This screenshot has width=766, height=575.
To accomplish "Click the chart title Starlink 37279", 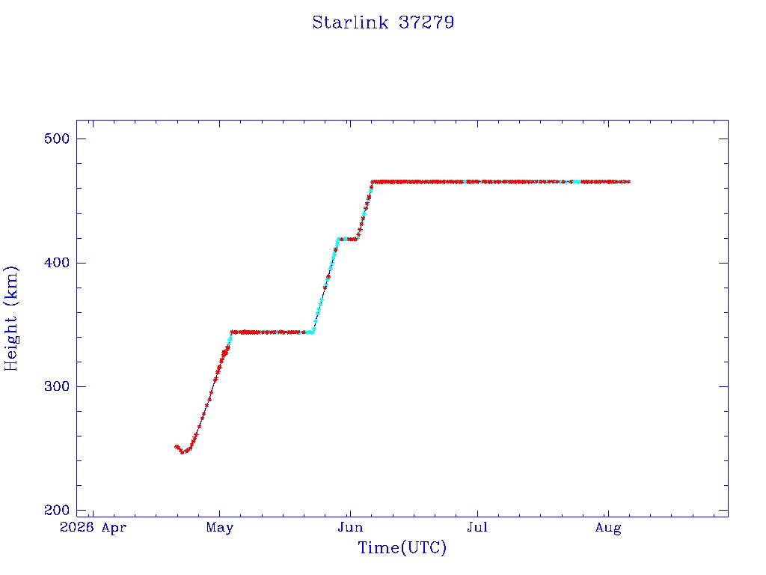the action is coord(383,22).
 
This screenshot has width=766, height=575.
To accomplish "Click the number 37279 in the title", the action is coord(426,22).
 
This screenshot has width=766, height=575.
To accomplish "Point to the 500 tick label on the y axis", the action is coord(57,139).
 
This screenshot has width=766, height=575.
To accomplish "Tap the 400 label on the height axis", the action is coord(57,263).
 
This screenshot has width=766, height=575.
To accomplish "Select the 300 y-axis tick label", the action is coord(57,387).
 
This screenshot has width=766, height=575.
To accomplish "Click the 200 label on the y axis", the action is coord(57,511).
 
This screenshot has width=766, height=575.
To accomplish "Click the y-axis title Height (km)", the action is coord(10,318).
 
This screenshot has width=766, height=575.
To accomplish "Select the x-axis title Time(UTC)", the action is coord(402,547).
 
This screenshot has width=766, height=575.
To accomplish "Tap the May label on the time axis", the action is coord(220,528).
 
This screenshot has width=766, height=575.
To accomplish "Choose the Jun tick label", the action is coord(350,528).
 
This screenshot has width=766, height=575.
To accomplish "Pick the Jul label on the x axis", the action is coord(477,528).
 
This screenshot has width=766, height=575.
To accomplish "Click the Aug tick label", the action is coord(608,528).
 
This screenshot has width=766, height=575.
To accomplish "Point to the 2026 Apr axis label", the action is coord(93,528).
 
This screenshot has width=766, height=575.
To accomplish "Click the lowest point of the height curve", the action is coord(183,452).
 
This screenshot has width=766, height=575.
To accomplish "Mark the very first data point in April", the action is coord(177,446).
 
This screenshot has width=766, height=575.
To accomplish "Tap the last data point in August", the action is coord(628,182).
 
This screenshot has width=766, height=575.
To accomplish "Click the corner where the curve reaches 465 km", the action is coord(373,182).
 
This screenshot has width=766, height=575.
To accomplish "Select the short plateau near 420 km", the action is coord(347,239).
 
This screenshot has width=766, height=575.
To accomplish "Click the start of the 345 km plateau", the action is coord(232,332).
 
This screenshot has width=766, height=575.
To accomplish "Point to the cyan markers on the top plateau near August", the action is coord(577,182).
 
